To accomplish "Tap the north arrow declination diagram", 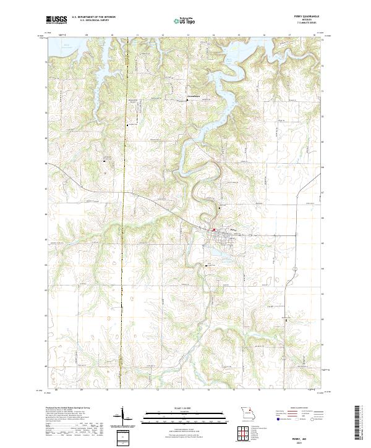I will click(122, 415).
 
